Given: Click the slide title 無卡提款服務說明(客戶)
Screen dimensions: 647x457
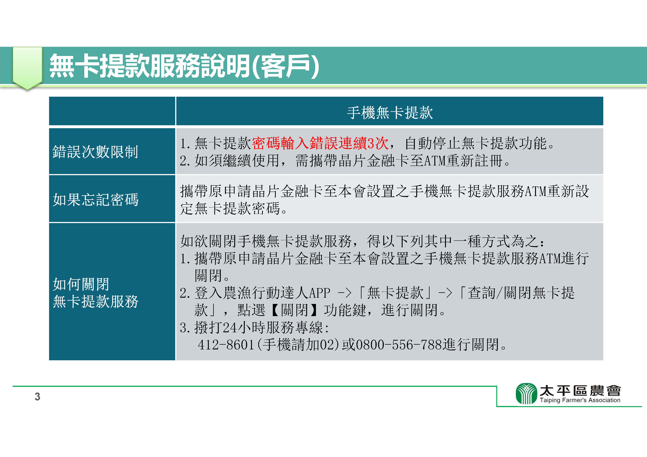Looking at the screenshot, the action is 184,66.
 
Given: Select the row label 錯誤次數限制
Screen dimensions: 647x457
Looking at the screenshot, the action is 95,152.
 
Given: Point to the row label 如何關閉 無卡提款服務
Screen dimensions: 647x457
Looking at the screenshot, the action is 96,293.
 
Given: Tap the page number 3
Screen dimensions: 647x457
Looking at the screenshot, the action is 37,397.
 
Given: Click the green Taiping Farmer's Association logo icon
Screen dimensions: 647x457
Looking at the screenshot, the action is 526,393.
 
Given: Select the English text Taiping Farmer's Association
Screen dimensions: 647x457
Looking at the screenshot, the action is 580,400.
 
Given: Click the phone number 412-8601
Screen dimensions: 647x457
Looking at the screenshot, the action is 226,345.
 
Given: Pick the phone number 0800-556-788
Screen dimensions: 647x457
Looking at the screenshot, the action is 399,345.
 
